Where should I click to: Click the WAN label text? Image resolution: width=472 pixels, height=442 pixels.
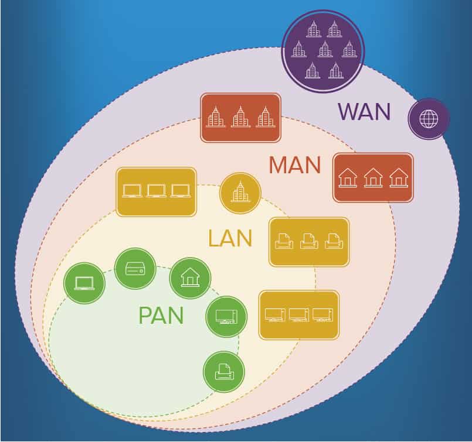click(x=364, y=111)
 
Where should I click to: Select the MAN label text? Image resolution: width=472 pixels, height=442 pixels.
click(x=295, y=165)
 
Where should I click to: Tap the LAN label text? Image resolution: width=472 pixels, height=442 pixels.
click(x=230, y=238)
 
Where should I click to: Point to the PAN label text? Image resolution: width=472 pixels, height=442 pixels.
click(x=161, y=316)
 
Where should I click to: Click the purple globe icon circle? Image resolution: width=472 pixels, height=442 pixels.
click(x=429, y=119)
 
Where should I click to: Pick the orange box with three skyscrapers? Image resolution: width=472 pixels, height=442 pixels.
click(x=240, y=117)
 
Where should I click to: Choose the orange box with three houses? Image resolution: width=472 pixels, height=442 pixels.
click(x=373, y=177)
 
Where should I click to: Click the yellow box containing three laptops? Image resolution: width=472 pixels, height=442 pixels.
click(x=156, y=191)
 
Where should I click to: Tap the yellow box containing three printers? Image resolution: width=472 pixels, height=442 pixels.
click(x=309, y=241)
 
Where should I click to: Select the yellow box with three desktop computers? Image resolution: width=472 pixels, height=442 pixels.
click(x=299, y=315)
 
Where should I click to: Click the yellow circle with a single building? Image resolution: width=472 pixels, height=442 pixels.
click(x=240, y=193)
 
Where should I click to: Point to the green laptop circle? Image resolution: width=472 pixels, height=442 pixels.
click(x=84, y=283)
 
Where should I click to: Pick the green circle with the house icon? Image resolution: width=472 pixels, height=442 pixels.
click(x=190, y=277)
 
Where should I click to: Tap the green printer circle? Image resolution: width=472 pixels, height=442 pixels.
click(x=224, y=372)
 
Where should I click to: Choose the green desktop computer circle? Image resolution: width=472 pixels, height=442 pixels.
click(x=226, y=317)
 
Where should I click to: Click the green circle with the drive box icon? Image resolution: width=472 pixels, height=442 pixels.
click(x=135, y=269)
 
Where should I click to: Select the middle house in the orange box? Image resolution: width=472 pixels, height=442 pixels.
click(x=373, y=177)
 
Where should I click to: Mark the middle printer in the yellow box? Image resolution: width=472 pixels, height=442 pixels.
click(x=309, y=241)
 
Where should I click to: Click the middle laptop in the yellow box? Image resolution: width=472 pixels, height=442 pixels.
click(x=156, y=191)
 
